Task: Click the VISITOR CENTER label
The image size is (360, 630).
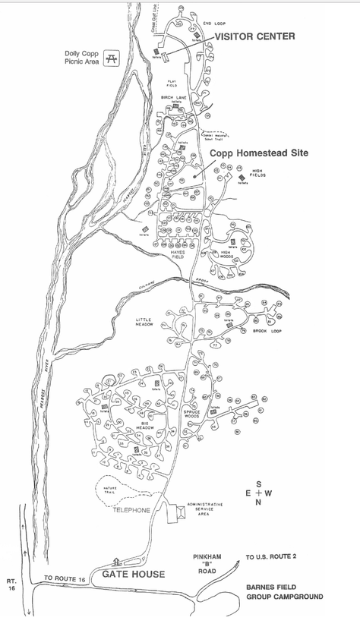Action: (254, 36)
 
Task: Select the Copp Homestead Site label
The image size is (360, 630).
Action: (259, 152)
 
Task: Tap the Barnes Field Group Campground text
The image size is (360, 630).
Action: (284, 592)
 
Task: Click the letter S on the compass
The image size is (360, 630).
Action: (257, 484)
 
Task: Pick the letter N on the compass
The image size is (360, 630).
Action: (257, 502)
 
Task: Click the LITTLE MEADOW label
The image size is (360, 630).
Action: (145, 323)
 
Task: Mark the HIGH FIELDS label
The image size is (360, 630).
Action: (257, 174)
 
